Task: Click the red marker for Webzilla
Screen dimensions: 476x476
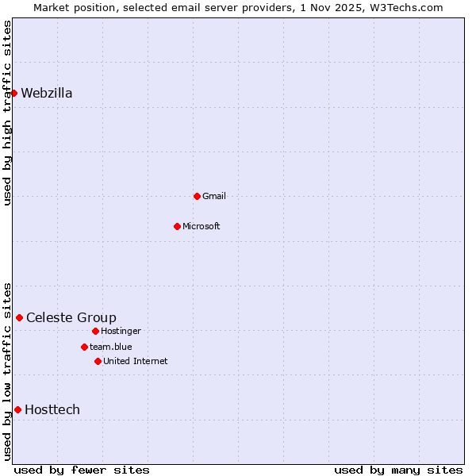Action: (x=13, y=93)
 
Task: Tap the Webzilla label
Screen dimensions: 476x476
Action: (x=47, y=94)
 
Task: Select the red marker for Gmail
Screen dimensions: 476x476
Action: (x=197, y=196)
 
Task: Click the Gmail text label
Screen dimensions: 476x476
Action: (x=214, y=196)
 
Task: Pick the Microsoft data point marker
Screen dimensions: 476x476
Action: (x=177, y=226)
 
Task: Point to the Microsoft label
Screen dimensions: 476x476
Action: (x=202, y=226)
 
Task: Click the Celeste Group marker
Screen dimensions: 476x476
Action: (x=19, y=317)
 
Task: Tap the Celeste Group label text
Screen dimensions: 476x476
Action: (x=71, y=318)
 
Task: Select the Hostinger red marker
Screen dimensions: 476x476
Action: (x=95, y=331)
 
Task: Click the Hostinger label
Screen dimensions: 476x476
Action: (x=121, y=331)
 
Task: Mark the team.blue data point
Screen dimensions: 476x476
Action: (x=84, y=347)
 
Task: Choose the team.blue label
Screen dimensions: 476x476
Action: (x=111, y=347)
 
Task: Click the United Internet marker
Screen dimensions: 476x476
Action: (x=98, y=361)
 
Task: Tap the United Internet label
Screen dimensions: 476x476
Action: (x=136, y=361)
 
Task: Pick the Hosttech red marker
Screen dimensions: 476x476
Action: (x=17, y=409)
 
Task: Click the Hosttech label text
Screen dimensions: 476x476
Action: (x=52, y=410)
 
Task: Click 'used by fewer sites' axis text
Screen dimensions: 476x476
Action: (x=82, y=470)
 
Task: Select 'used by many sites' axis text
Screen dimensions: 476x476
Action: (x=398, y=470)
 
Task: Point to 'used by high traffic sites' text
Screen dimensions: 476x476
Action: (x=7, y=113)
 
